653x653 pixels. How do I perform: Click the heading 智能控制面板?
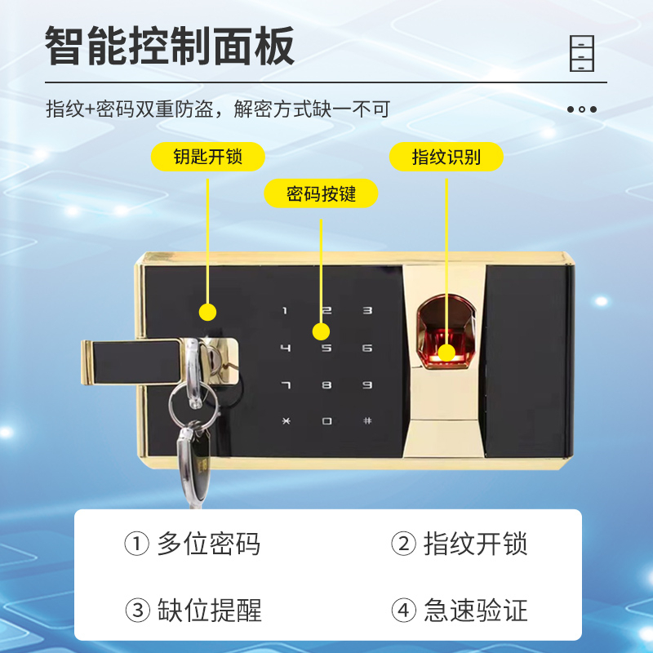(x=170, y=46)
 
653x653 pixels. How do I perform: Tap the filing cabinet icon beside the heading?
(x=582, y=53)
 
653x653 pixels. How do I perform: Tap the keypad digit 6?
(x=367, y=349)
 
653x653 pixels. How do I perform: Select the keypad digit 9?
(x=367, y=384)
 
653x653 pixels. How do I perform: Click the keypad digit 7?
(x=285, y=384)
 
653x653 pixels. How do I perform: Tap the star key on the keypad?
(x=285, y=421)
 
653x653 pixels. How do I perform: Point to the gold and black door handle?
(x=131, y=361)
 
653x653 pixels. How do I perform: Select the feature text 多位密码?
(x=208, y=544)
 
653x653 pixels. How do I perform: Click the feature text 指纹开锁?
(x=475, y=544)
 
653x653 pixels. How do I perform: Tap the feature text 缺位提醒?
(x=208, y=610)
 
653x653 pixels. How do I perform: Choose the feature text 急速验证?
(x=475, y=610)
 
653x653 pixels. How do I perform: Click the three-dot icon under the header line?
(x=582, y=109)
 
